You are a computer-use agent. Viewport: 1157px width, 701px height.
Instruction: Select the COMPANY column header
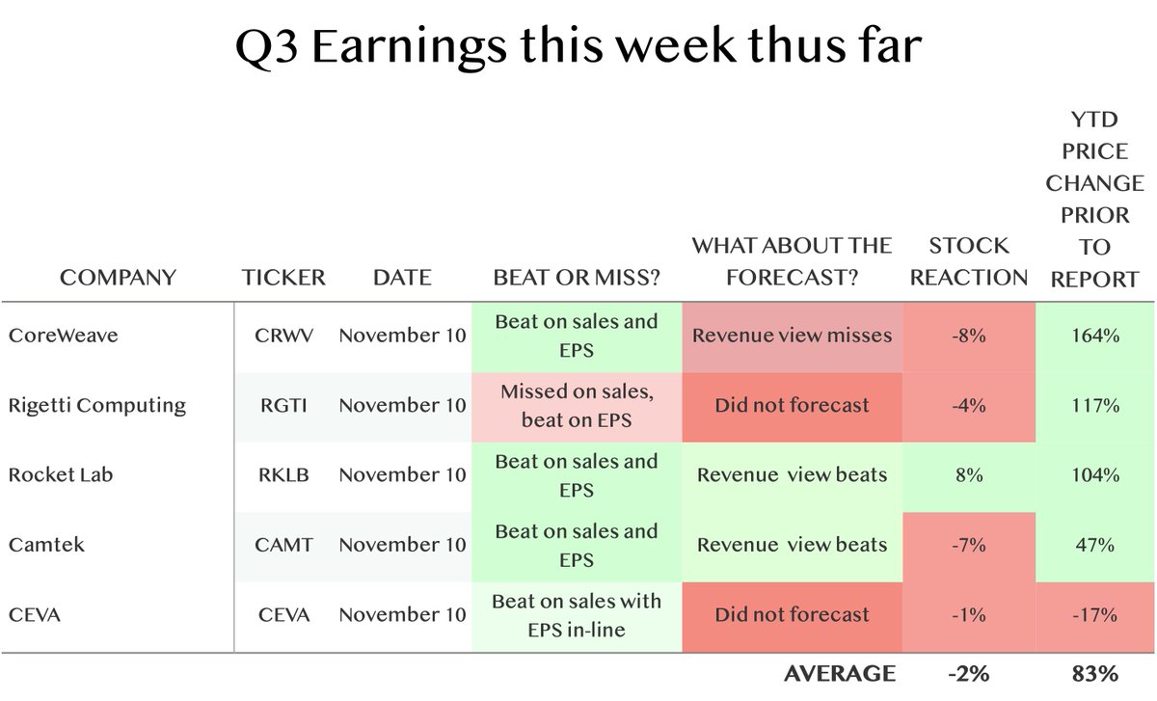tap(118, 278)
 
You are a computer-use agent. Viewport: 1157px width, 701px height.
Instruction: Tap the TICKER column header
tap(283, 278)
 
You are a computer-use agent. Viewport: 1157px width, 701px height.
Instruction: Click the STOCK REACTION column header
tap(969, 261)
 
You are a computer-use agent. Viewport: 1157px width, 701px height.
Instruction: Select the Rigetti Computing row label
tap(96, 405)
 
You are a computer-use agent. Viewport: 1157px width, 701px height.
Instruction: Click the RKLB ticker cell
tap(283, 475)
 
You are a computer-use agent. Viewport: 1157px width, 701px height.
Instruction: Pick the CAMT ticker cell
tap(283, 545)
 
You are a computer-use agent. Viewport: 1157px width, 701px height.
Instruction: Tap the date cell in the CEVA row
tap(402, 614)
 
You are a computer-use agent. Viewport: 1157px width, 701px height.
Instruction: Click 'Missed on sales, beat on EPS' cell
tap(577, 405)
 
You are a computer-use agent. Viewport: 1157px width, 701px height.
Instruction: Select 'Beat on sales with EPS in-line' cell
tap(577, 614)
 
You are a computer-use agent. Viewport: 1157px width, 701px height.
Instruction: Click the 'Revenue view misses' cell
tap(792, 336)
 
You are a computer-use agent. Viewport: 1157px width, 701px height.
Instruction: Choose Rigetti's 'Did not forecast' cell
tap(792, 405)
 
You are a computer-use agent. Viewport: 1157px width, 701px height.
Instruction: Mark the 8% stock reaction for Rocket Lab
tap(969, 475)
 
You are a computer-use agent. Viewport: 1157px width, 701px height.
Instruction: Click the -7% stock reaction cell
tap(969, 545)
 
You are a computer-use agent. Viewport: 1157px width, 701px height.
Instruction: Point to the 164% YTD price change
tap(1094, 336)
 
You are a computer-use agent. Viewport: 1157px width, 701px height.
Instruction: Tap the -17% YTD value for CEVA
tap(1094, 614)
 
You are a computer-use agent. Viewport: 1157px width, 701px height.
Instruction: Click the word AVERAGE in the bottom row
tap(838, 673)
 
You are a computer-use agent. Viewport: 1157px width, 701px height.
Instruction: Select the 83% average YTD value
tap(1094, 673)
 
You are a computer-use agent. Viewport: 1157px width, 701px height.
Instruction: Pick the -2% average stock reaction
tap(969, 673)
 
